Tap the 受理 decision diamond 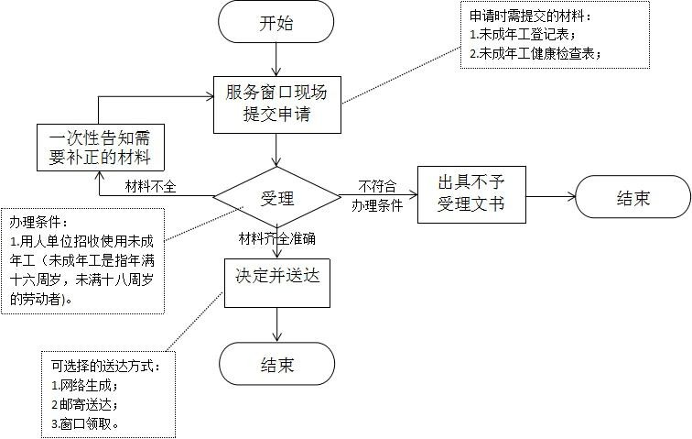tap(276, 196)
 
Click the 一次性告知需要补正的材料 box tap(100, 148)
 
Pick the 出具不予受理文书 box tap(472, 193)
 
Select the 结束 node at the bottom tap(276, 365)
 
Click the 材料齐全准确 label tap(276, 239)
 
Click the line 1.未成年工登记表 tap(522, 35)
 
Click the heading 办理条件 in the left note tap(38, 223)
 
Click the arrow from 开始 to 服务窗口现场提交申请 tap(276, 60)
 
